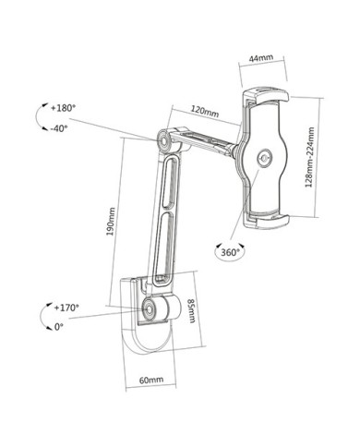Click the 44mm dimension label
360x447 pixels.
point(261,58)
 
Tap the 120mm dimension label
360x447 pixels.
point(205,111)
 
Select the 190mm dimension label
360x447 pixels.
point(111,222)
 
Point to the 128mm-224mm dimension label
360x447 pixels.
point(309,157)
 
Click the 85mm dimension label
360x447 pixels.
point(191,310)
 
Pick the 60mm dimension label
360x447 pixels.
point(151,380)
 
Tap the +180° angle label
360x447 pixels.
point(63,108)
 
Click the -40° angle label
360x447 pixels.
point(59,128)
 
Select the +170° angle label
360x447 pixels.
point(66,308)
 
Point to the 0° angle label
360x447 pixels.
point(59,327)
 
